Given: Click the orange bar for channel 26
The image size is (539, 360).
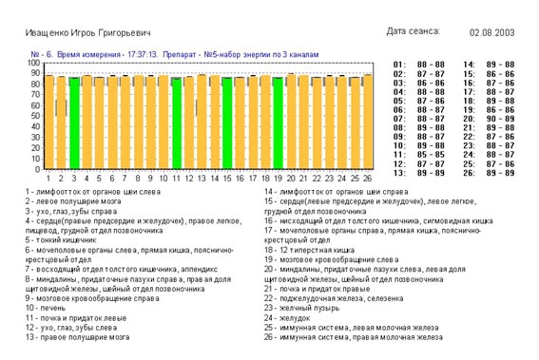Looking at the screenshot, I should pyautogui.click(x=367, y=122).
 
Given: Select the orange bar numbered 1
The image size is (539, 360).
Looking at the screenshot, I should pyautogui.click(x=48, y=122).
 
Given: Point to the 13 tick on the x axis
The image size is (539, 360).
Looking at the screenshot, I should pyautogui.click(x=202, y=178).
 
